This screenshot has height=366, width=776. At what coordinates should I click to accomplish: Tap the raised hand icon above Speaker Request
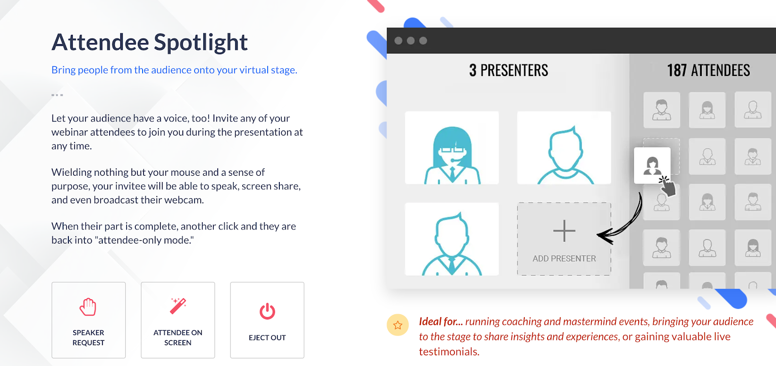(x=88, y=307)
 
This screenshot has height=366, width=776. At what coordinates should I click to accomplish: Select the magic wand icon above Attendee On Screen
(x=178, y=306)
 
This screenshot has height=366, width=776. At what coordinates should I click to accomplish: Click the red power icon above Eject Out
(x=267, y=311)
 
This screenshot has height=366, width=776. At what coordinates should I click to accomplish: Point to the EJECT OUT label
(x=267, y=337)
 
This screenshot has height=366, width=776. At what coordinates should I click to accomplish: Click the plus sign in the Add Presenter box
(x=565, y=231)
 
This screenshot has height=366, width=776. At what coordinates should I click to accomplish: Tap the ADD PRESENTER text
(x=565, y=259)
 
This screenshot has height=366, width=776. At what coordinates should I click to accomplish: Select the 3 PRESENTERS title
(x=509, y=70)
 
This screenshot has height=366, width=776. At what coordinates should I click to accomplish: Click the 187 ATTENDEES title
(x=709, y=70)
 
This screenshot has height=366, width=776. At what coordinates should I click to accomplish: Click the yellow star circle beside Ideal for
(x=398, y=325)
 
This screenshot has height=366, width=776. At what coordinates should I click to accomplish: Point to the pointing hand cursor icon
(x=667, y=186)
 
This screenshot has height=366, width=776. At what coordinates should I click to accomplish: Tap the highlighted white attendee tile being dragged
(x=652, y=166)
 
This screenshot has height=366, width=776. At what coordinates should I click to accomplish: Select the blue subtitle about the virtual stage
(x=174, y=70)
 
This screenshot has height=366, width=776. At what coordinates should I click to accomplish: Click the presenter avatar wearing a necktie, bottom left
(x=452, y=244)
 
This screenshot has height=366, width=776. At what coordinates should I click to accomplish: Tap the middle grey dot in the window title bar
(x=411, y=41)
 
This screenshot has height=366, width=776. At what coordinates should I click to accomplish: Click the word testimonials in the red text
(x=449, y=351)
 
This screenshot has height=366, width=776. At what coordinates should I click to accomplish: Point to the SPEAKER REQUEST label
(x=88, y=337)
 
